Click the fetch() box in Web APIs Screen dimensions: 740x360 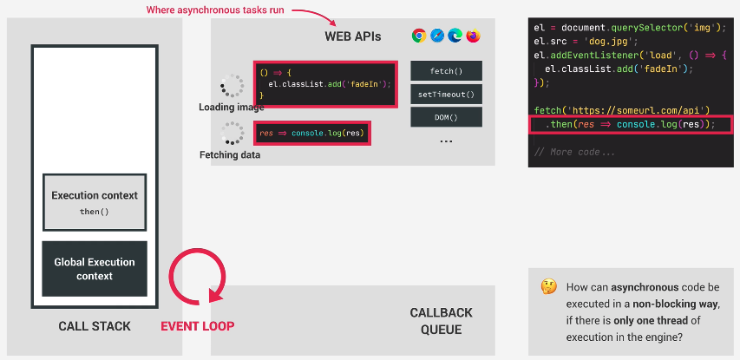click(446, 71)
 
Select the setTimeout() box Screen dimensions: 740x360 click(446, 95)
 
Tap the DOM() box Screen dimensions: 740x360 click(446, 117)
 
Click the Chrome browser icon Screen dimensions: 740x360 click(419, 36)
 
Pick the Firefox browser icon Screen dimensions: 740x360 click(473, 36)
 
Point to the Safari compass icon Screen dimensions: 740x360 click(437, 36)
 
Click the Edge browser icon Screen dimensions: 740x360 click(455, 36)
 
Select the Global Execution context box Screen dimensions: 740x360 click(95, 269)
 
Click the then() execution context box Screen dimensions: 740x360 click(95, 202)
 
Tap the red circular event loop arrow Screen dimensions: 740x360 click(170, 278)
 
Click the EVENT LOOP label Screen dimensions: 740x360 click(198, 326)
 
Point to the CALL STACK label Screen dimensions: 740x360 click(95, 326)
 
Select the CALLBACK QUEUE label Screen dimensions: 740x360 click(441, 321)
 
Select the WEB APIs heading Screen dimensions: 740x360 click(352, 36)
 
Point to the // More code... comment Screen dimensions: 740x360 click(574, 152)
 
